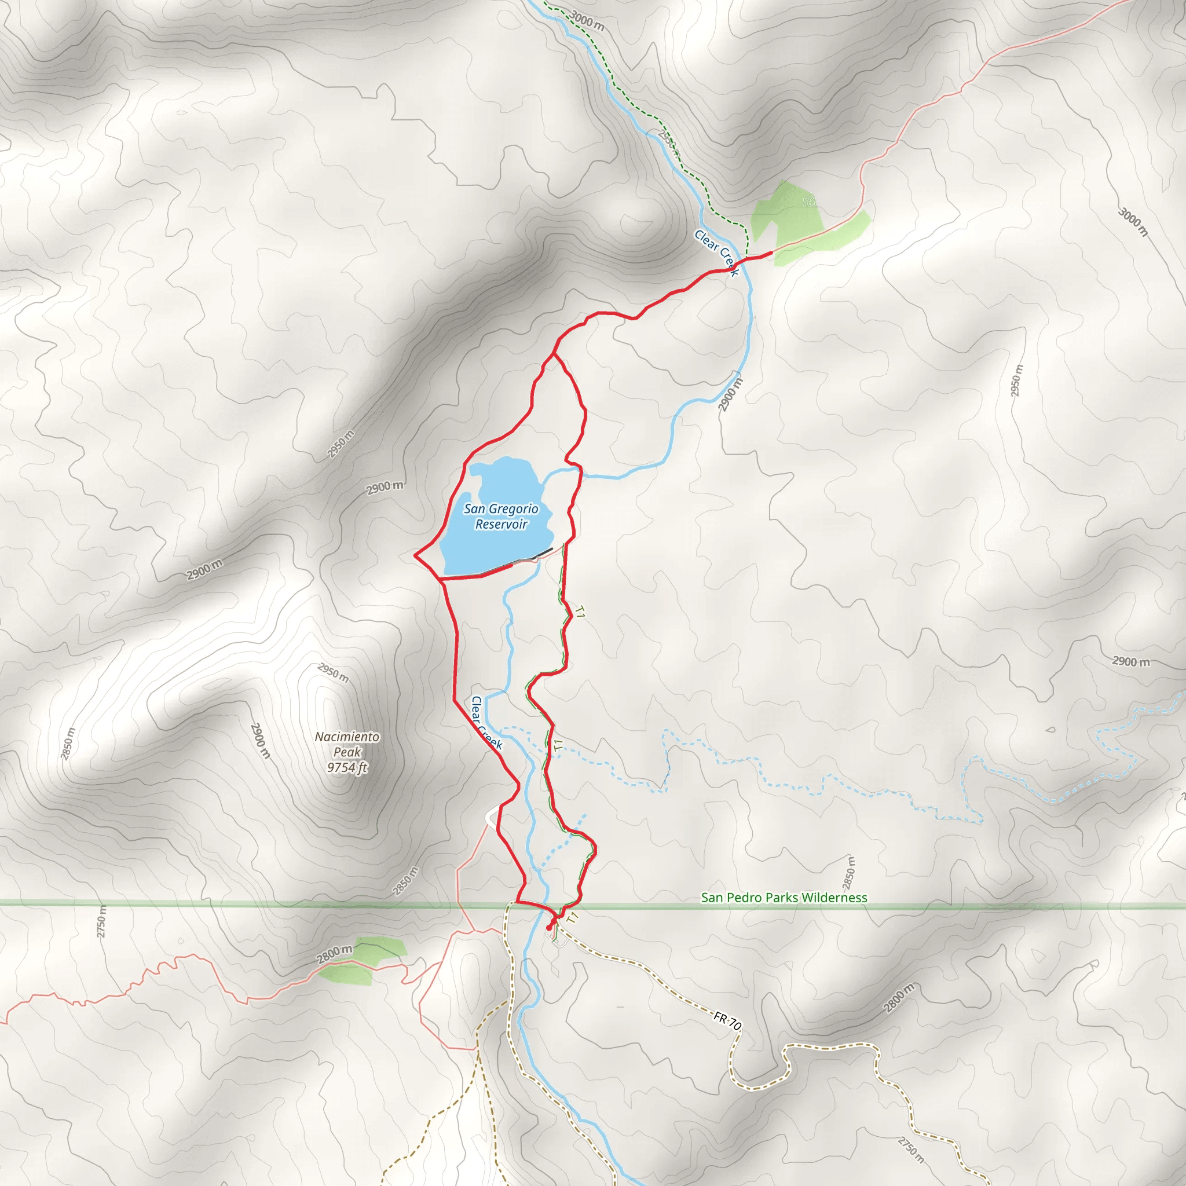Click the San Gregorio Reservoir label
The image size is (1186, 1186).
click(501, 516)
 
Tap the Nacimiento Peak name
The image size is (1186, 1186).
click(347, 744)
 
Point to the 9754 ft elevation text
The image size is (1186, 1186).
click(347, 767)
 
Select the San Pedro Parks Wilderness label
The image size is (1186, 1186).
click(784, 898)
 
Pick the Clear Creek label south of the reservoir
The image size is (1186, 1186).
click(487, 723)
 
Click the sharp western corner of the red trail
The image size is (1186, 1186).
click(416, 556)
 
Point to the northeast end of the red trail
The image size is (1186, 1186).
click(770, 254)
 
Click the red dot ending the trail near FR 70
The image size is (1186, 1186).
click(549, 928)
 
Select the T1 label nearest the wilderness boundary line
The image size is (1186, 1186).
click(573, 918)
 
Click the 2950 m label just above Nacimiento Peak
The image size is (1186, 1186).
click(334, 673)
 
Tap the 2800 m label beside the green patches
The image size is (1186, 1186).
click(335, 954)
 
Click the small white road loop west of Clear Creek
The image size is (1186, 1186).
click(490, 818)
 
